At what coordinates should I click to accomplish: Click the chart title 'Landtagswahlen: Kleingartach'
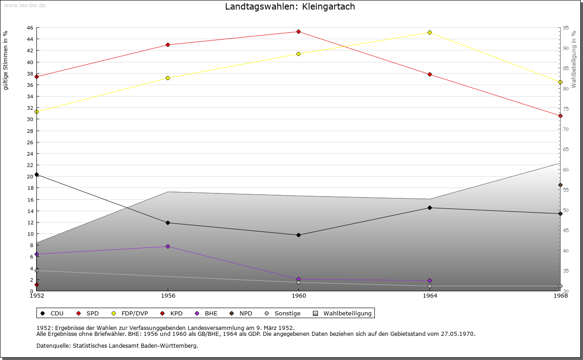coord(290,7)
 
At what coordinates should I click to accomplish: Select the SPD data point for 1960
coord(298,31)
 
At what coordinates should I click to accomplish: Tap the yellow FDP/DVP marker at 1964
coord(430,32)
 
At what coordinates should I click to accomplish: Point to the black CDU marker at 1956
coord(168,223)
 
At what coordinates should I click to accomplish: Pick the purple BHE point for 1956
coord(168,246)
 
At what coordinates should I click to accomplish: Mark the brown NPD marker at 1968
coord(560,185)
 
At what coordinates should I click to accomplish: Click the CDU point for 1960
coord(298,235)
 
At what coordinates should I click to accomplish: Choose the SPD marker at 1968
coord(560,116)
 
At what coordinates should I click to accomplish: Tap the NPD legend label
coord(245,313)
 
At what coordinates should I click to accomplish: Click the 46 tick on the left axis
coord(30,28)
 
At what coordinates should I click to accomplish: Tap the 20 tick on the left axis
coord(30,177)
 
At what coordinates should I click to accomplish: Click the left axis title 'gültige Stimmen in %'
coord(5,61)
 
